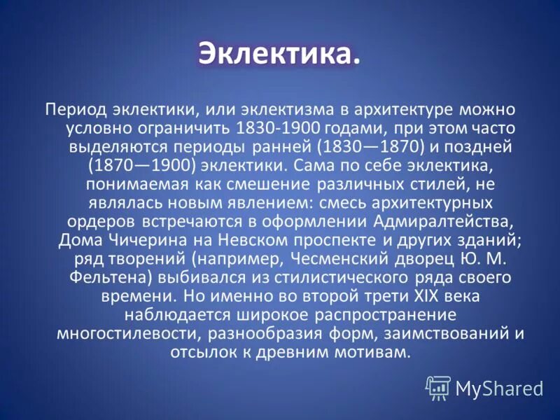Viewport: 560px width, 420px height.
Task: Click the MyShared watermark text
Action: point(498,387)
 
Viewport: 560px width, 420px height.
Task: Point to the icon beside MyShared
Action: point(438,386)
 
